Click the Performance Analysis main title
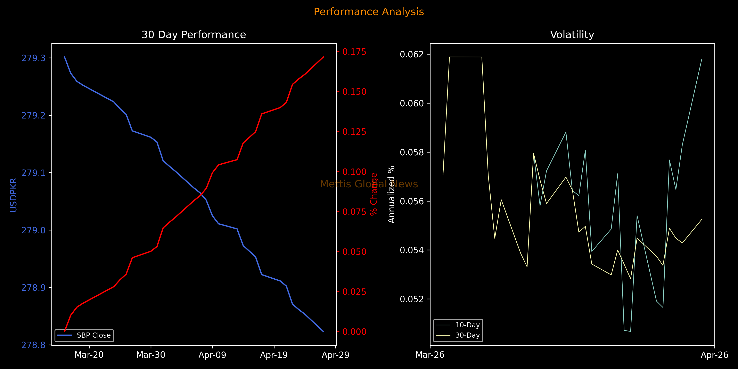369,12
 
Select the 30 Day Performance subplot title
194,35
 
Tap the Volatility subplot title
572,35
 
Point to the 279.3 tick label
34,58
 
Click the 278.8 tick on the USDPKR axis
34,345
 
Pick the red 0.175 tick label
354,52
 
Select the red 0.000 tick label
354,332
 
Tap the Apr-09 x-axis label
212,355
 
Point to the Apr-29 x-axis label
335,355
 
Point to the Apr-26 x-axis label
714,355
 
